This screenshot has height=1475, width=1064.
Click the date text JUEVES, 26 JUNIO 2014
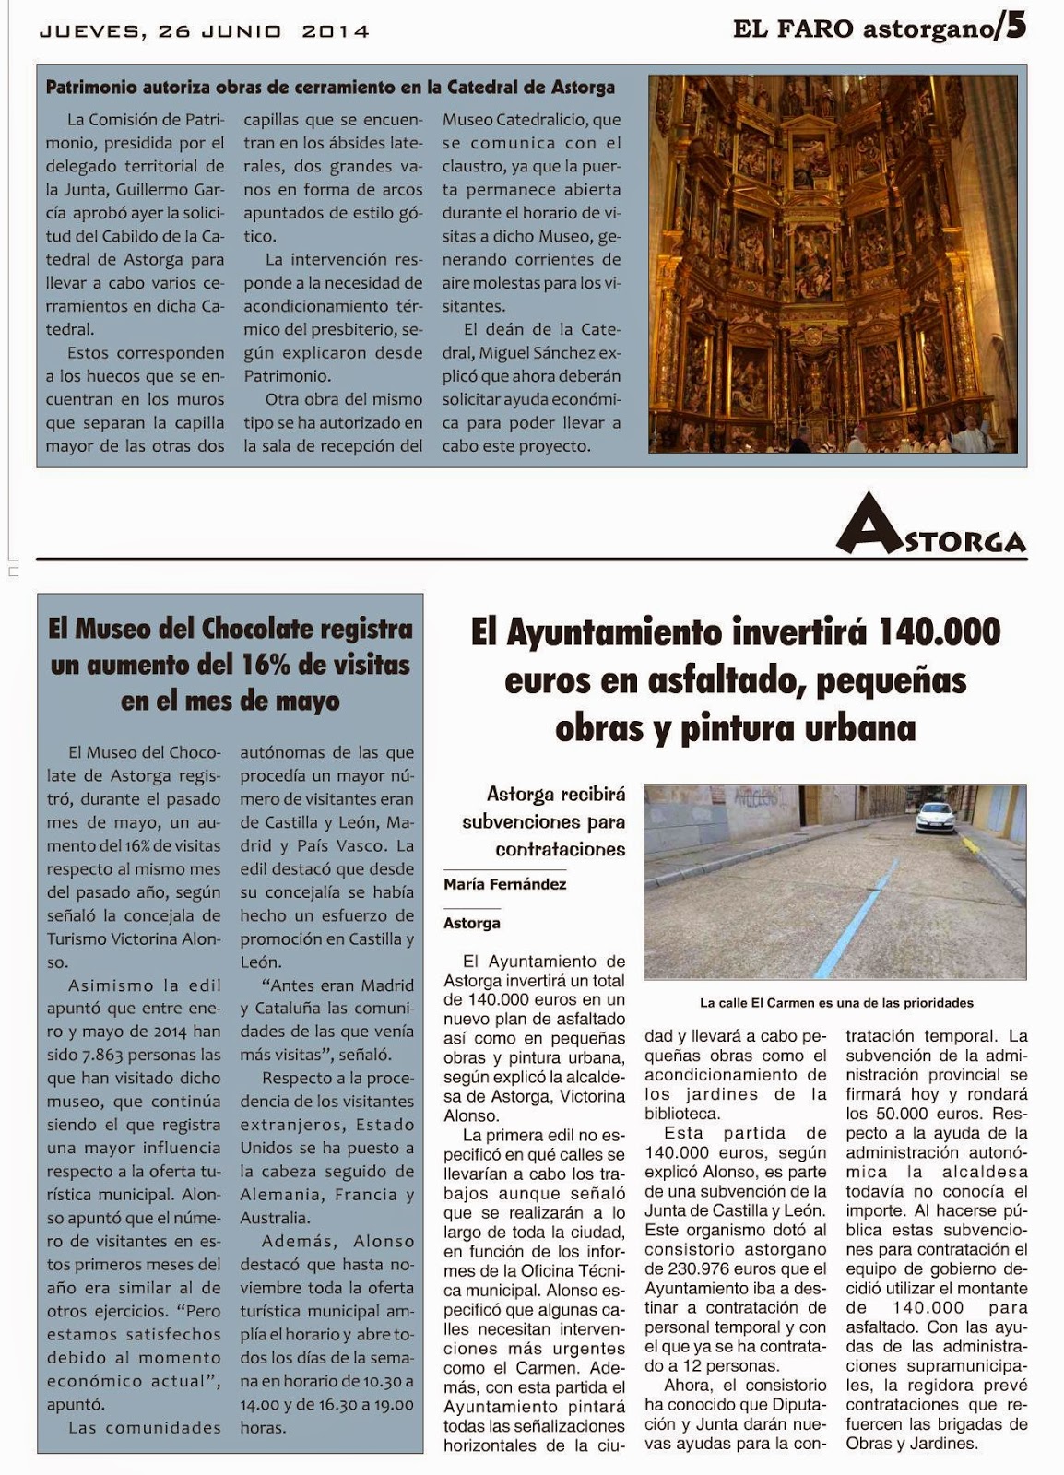coord(204,31)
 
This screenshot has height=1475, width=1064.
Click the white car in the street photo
coord(934,817)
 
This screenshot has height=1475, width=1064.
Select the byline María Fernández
coord(504,884)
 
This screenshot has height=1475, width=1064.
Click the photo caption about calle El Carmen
coord(836,1002)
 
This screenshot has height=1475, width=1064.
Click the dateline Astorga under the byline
coord(471,923)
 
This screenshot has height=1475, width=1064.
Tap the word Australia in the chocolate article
coord(274,1218)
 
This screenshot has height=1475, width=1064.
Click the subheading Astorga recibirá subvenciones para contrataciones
coord(543,821)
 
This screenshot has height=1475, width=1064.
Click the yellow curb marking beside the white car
coord(969,843)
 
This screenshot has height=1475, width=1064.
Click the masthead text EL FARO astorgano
coord(862,29)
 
